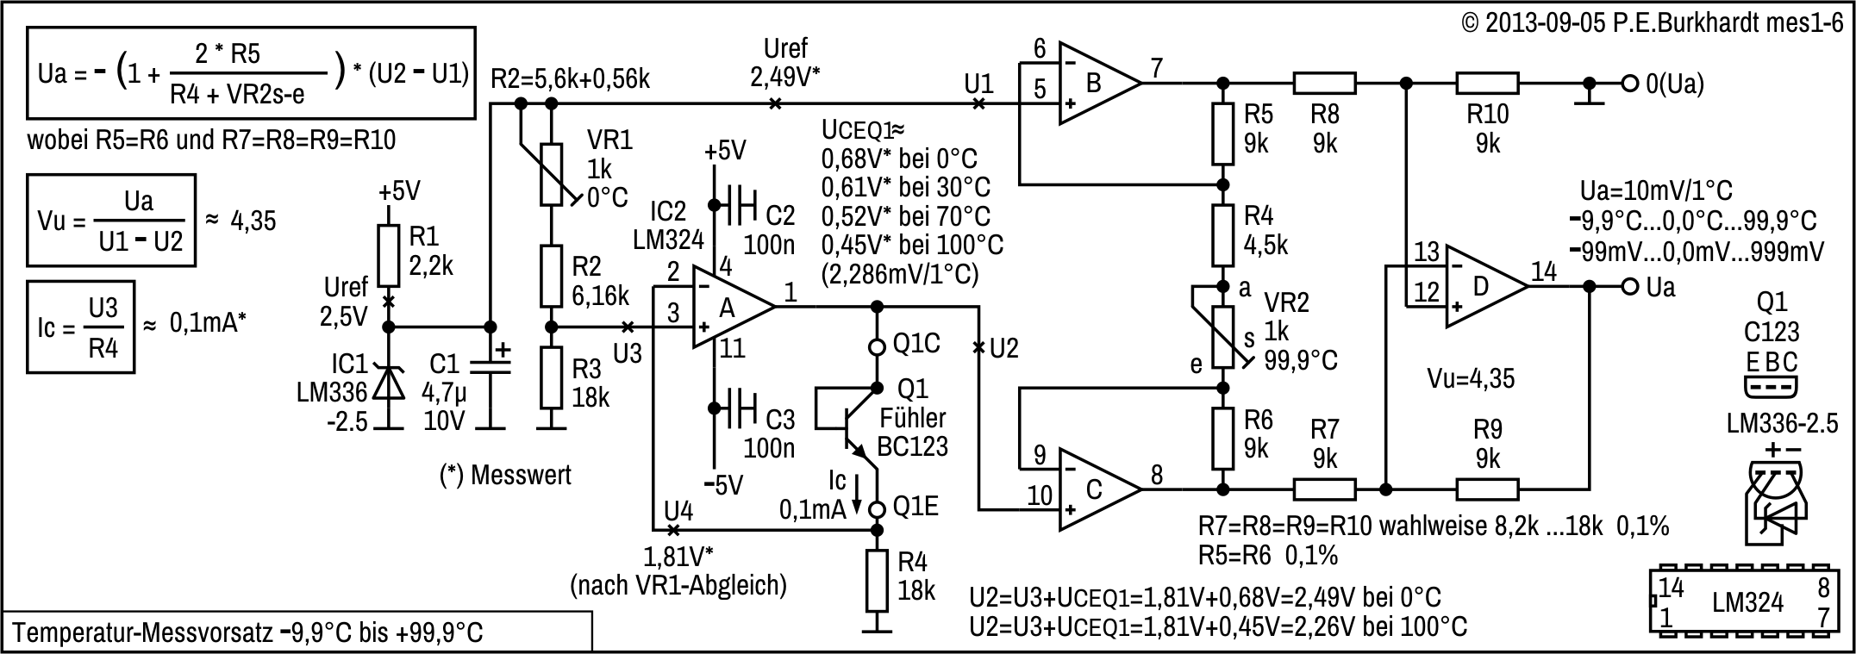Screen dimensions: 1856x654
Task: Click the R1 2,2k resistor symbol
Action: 389,256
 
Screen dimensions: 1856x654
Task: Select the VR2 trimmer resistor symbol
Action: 1222,336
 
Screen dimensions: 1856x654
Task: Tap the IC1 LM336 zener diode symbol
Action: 389,382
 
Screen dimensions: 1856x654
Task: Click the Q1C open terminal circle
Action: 878,347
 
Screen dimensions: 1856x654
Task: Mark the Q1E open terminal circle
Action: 878,508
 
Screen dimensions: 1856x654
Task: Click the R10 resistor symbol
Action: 1488,84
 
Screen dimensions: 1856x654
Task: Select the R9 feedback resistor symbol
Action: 1488,489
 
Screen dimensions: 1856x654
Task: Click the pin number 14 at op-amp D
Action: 1543,271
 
